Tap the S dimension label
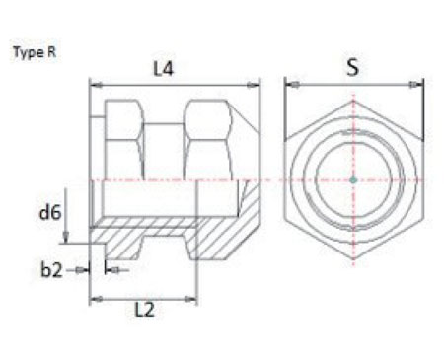coord(353,69)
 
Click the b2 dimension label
coord(51,267)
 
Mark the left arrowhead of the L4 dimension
coord(95,84)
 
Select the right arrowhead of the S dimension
coord(418,84)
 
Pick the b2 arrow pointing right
coord(85,267)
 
